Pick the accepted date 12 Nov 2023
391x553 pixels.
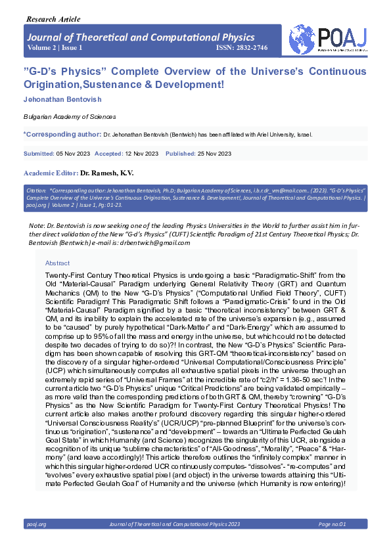tap(141, 153)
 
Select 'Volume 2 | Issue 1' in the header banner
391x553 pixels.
tap(55, 49)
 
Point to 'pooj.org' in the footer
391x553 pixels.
tap(36, 524)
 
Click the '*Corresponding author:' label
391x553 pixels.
tap(62, 135)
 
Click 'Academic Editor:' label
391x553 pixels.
tap(51, 172)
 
